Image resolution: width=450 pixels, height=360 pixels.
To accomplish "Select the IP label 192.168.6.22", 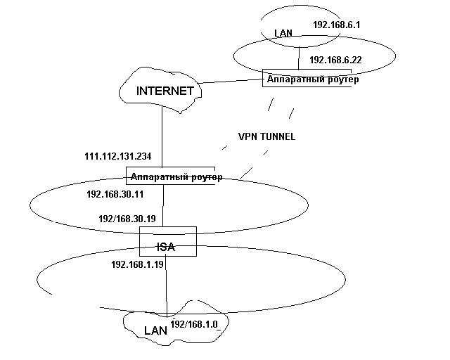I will [x=335, y=60].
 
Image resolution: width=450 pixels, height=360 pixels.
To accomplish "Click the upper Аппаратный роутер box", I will [x=313, y=79].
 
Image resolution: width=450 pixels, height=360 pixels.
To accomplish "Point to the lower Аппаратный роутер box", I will [x=176, y=176].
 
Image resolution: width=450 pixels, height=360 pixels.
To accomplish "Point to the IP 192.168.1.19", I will [x=138, y=265].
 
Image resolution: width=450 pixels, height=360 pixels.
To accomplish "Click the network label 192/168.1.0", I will [x=195, y=323].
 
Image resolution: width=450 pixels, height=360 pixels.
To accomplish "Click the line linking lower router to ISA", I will [x=162, y=206].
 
